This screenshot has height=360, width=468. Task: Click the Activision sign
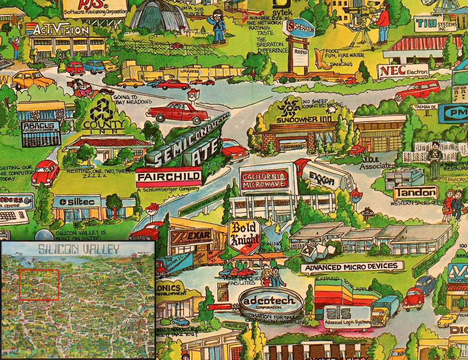pos(60,30)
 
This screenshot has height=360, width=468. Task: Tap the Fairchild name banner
pos(168,177)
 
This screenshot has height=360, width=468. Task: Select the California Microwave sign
pos(264,179)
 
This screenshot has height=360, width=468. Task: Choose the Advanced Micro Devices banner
pos(352,267)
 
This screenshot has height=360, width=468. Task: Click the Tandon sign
pos(416,192)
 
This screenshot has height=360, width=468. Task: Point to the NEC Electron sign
pos(403,71)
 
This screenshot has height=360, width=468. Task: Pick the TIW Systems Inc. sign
pos(435,23)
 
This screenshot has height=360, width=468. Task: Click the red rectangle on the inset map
pos(39,284)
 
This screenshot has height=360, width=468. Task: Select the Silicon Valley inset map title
pos(78,249)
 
